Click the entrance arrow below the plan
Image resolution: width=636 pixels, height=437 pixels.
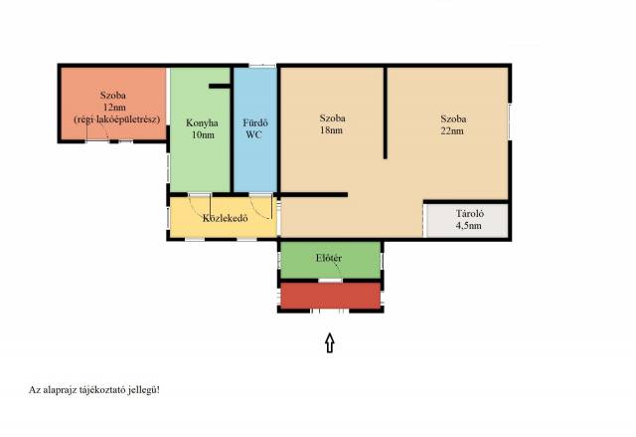tap(330, 342)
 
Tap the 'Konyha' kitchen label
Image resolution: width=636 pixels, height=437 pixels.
tap(202, 123)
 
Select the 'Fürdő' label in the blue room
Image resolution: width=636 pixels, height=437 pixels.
tap(255, 122)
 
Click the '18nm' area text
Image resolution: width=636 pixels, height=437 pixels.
tap(331, 130)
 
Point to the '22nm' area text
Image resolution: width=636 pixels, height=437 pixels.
tap(452, 130)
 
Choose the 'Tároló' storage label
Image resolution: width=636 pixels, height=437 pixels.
tap(469, 214)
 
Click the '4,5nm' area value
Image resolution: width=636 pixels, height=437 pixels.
tap(469, 225)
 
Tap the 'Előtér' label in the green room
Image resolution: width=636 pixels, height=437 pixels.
tap(329, 258)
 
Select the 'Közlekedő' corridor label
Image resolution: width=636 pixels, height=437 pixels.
tap(226, 218)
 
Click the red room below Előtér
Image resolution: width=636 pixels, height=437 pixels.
tap(331, 296)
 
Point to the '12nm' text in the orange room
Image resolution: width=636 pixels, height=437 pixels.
tap(114, 108)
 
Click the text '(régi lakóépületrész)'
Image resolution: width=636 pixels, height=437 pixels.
tap(117, 119)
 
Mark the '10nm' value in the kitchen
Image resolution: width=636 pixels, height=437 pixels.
tap(203, 134)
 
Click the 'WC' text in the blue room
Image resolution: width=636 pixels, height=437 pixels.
tap(254, 134)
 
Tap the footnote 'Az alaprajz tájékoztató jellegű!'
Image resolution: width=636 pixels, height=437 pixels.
tap(94, 390)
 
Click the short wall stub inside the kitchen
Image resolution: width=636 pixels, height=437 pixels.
tap(220, 86)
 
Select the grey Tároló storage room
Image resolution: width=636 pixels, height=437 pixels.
tap(467, 221)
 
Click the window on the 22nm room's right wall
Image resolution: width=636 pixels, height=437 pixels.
tap(510, 122)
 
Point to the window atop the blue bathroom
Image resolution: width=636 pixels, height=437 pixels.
tap(262, 66)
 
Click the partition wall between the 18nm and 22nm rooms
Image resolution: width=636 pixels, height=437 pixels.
tap(386, 112)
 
